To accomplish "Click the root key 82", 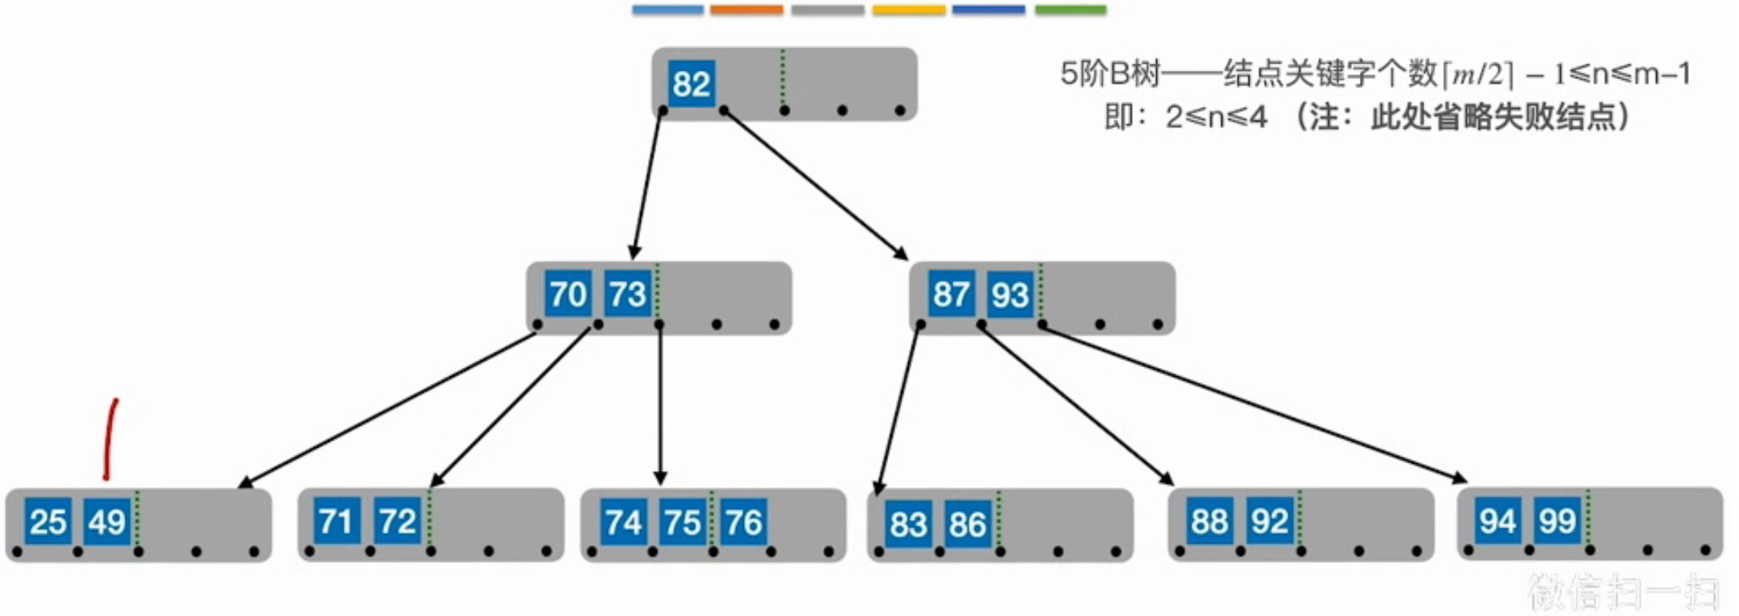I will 691,84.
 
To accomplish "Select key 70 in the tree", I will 568,294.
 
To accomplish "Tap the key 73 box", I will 627,294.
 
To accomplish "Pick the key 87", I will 951,294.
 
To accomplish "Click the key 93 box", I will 1010,294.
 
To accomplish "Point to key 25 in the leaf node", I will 48,522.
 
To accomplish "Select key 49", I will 107,522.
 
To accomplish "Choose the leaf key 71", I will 337,522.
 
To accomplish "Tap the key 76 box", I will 742,522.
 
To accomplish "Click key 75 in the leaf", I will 683,522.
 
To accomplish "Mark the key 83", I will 908,524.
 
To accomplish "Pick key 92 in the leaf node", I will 1270,521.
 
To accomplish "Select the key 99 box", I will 1556,521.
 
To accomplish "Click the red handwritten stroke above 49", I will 109,439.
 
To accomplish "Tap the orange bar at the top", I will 746,10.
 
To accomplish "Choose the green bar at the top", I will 1070,10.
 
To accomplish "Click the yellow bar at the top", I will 908,10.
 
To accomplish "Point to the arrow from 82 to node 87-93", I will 815,184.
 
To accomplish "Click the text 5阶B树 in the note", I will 1109,74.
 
